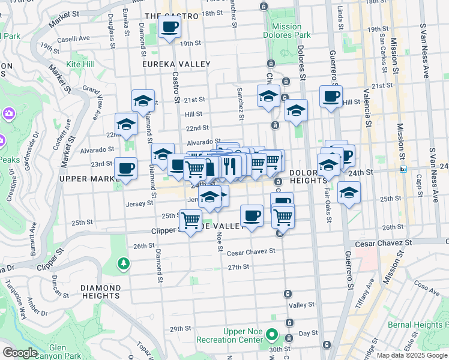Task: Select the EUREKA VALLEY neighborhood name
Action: pyautogui.click(x=176, y=64)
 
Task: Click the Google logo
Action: pyautogui.click(x=20, y=352)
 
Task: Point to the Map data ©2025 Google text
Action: pyautogui.click(x=412, y=355)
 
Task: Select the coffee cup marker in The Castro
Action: pyautogui.click(x=170, y=27)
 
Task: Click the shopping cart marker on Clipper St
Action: pyautogui.click(x=191, y=221)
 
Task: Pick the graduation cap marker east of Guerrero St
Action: pyautogui.click(x=349, y=193)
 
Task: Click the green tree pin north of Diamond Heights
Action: pyautogui.click(x=124, y=263)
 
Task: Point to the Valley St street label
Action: pyautogui.click(x=298, y=305)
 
